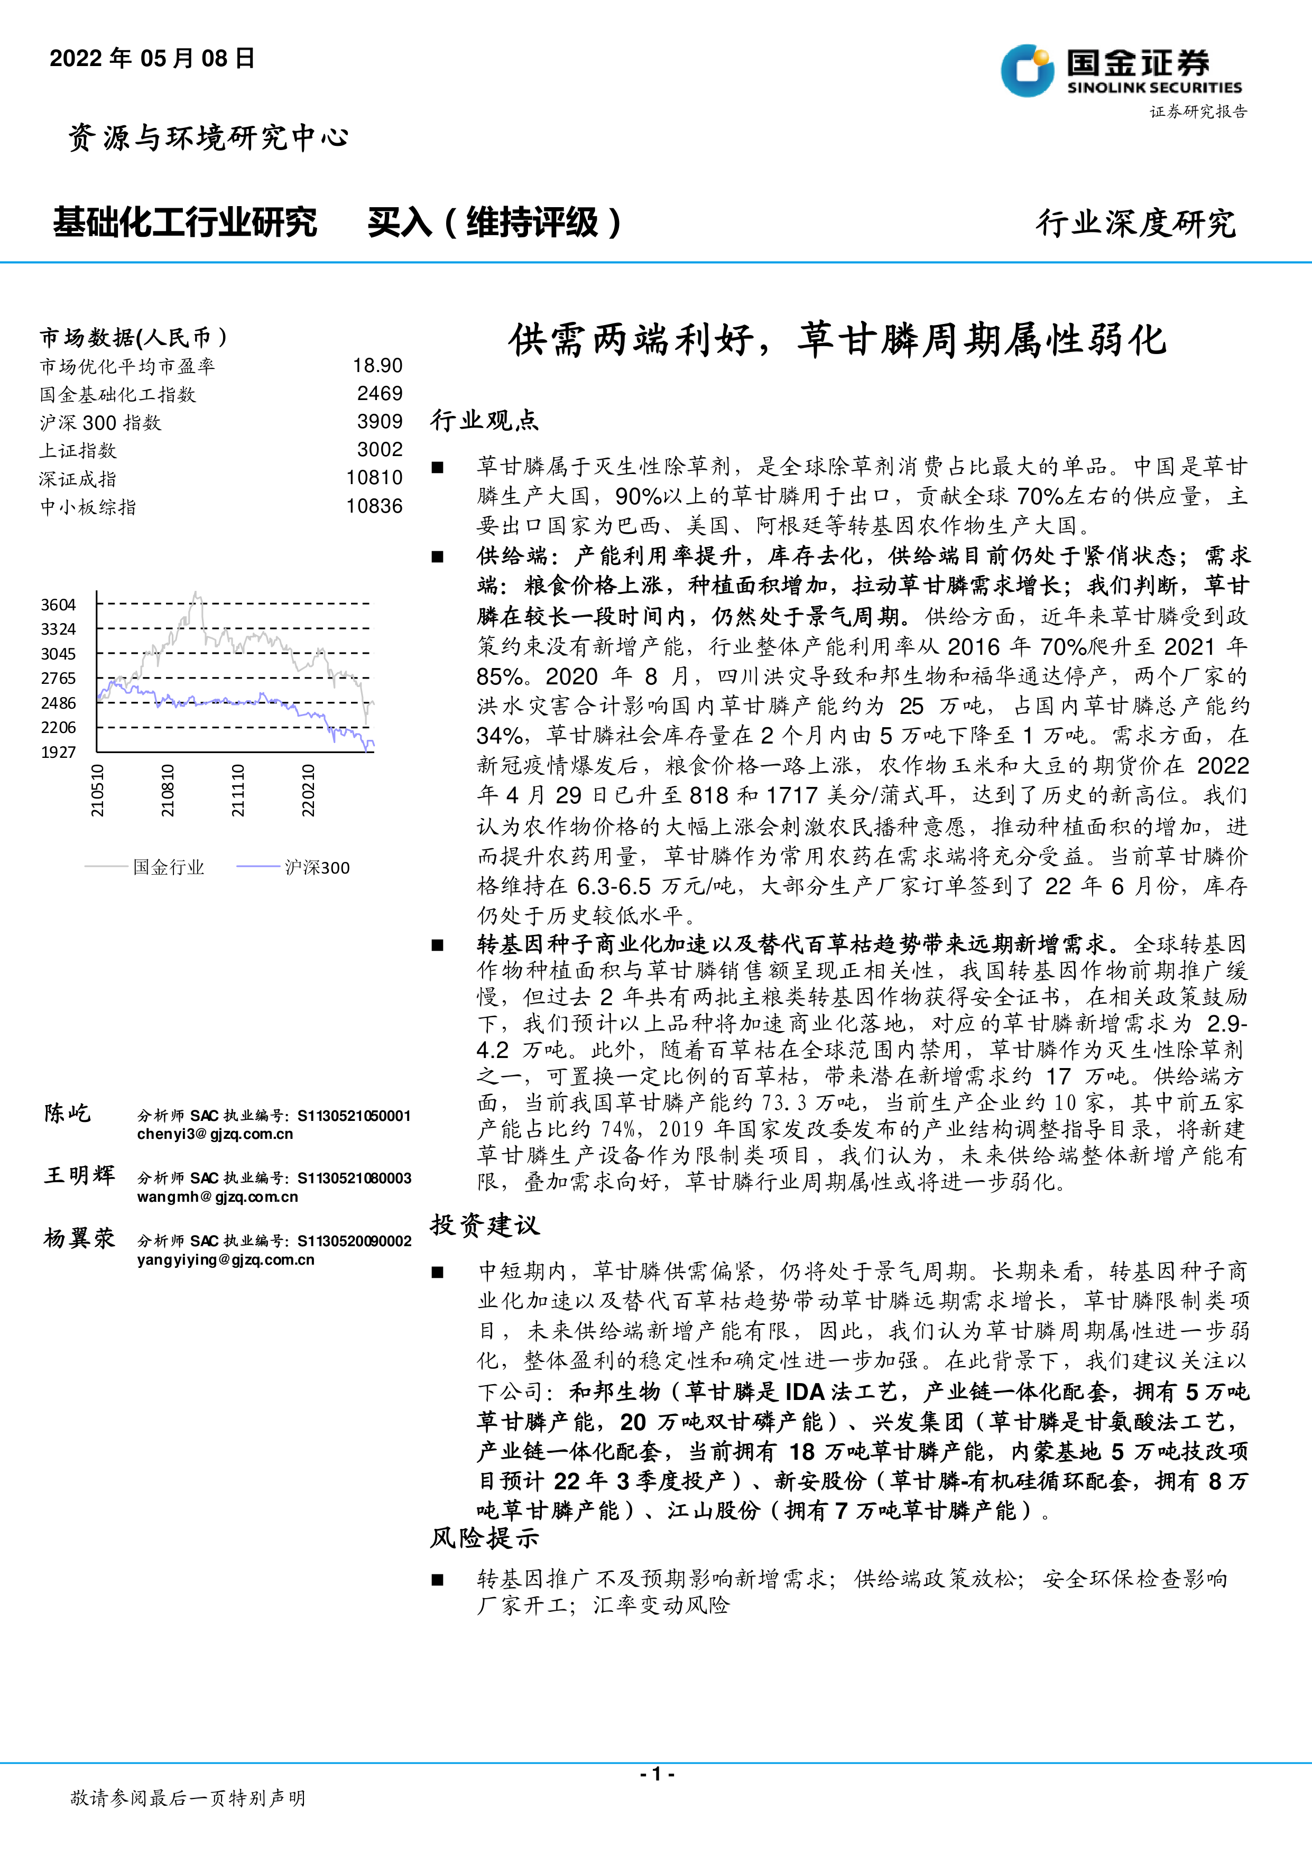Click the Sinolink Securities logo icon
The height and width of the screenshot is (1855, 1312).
(x=1027, y=70)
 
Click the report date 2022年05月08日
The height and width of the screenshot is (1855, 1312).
(x=152, y=58)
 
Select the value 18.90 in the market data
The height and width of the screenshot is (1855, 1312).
(x=377, y=366)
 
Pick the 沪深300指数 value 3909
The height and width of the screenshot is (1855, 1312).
(x=380, y=422)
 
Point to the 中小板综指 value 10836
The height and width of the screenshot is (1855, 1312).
(x=374, y=507)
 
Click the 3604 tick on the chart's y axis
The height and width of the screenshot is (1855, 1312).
(x=58, y=605)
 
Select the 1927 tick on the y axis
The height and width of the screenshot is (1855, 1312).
(x=58, y=752)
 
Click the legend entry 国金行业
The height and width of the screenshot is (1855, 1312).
(x=168, y=867)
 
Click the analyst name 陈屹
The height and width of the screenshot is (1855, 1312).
(x=68, y=1114)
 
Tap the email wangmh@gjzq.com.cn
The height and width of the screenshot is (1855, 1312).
(x=217, y=1197)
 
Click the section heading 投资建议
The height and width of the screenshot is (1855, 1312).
(x=484, y=1225)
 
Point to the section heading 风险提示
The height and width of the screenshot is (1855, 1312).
(x=484, y=1537)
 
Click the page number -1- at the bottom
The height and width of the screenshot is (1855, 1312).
(x=656, y=1774)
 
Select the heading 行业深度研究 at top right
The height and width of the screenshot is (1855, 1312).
(x=1135, y=223)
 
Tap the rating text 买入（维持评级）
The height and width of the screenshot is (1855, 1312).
(x=494, y=222)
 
